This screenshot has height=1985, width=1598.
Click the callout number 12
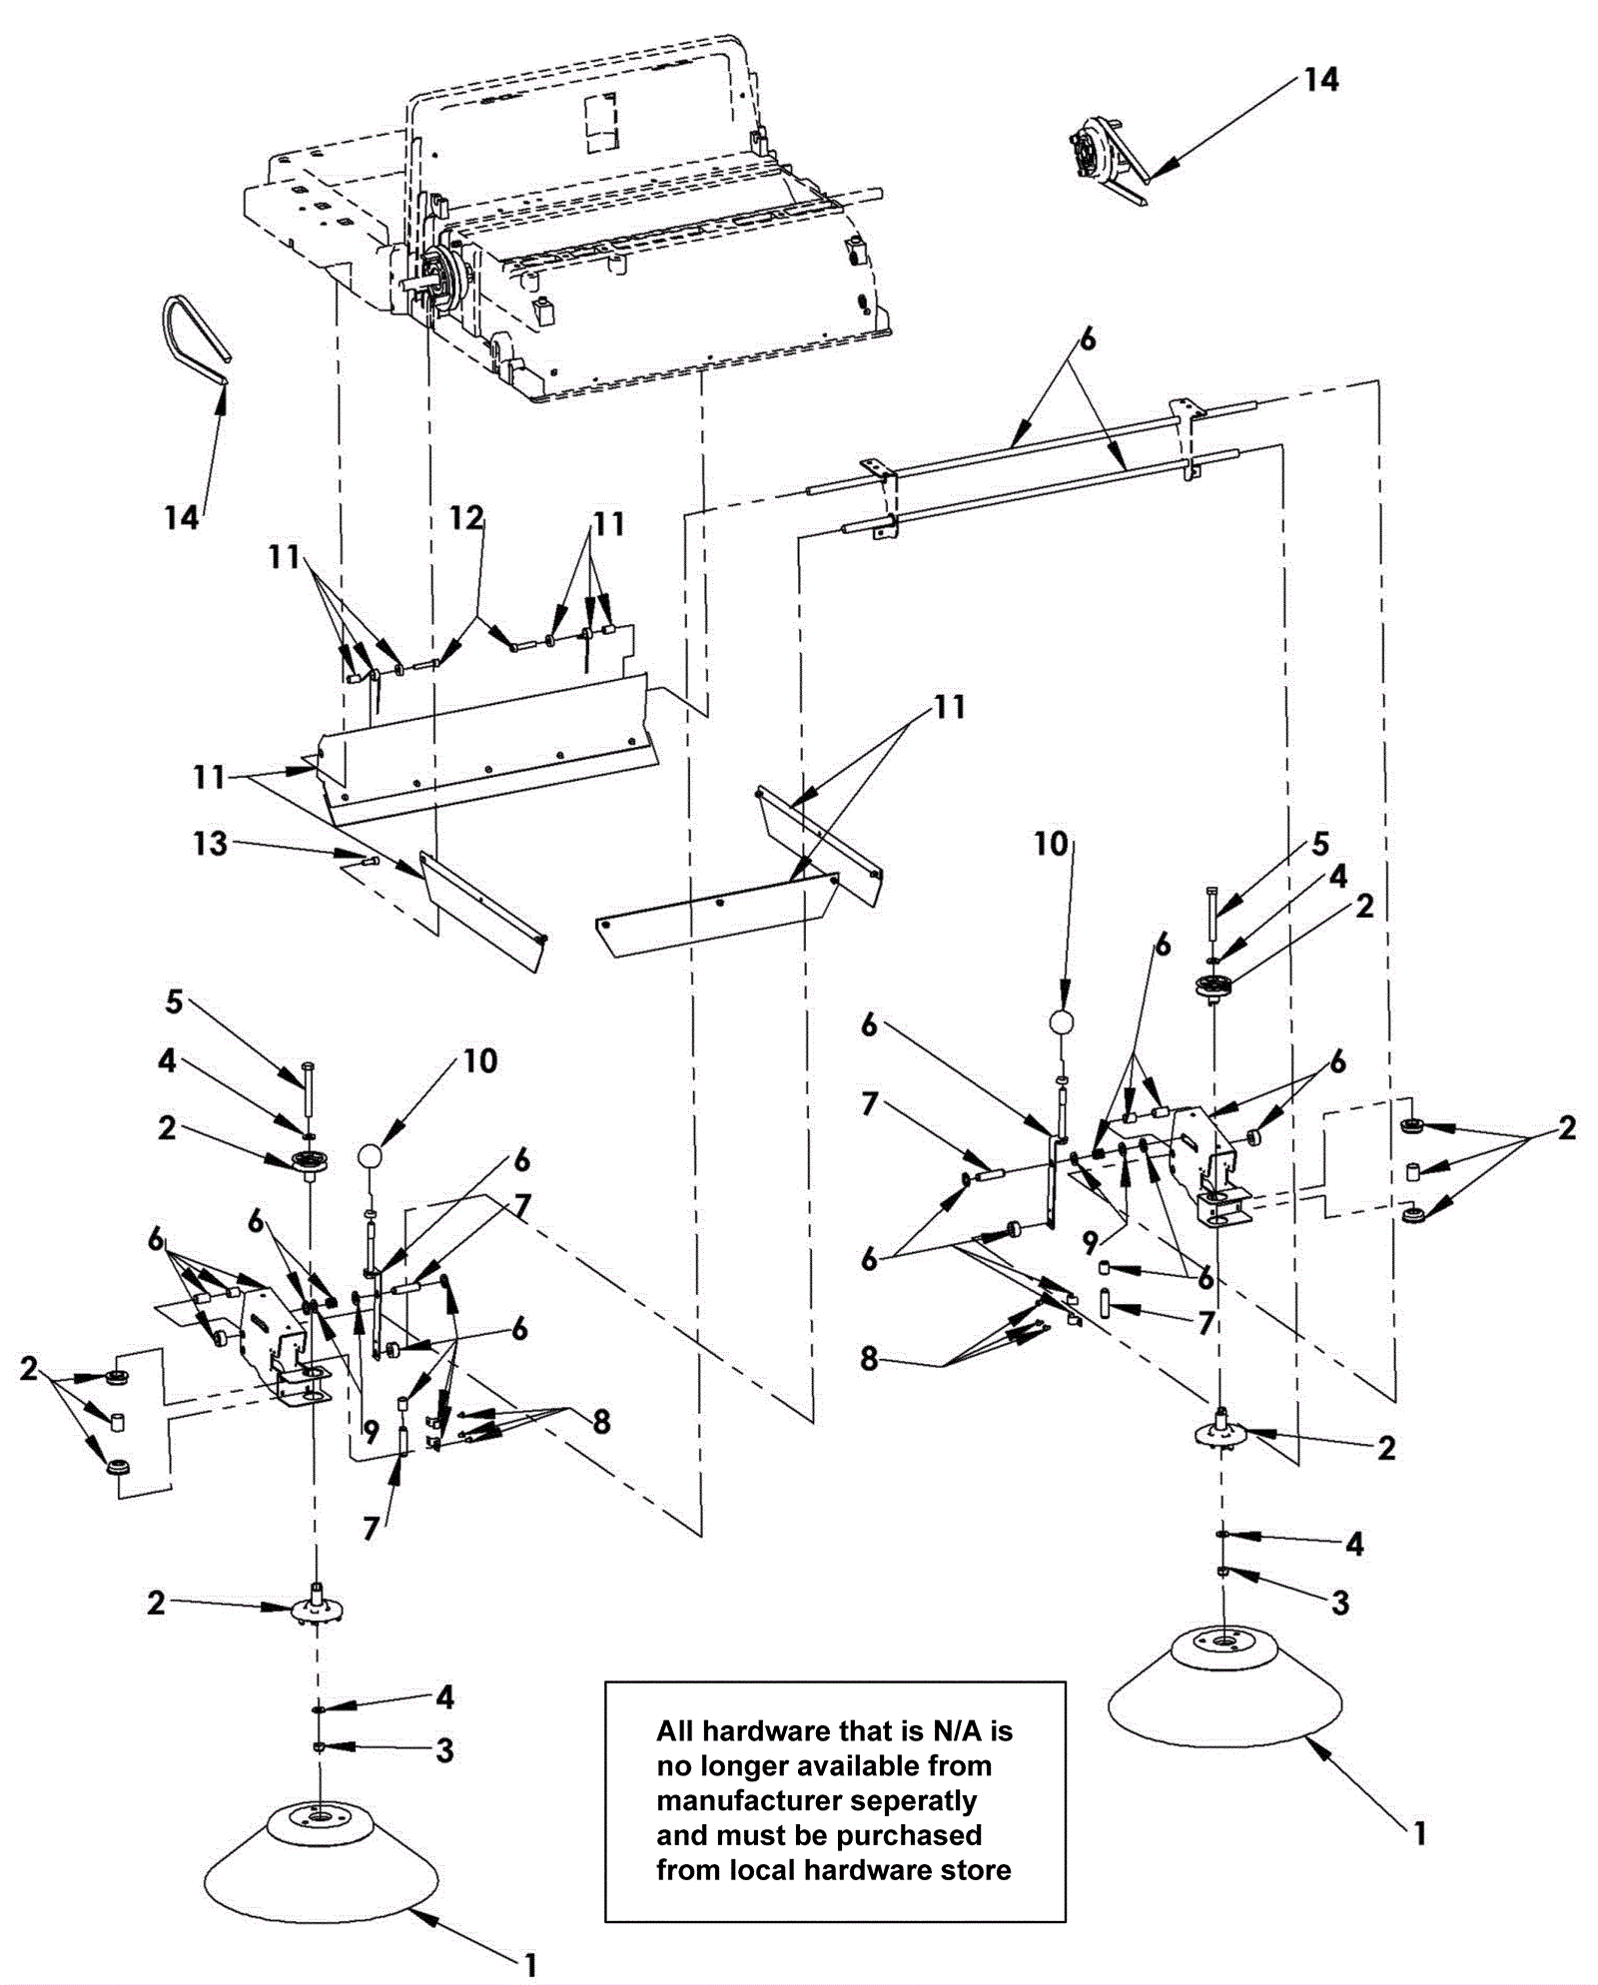tap(466, 517)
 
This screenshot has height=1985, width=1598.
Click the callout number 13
tap(210, 844)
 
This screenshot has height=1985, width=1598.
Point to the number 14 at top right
tap(1320, 80)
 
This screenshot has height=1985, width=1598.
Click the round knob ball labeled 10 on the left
tap(371, 1156)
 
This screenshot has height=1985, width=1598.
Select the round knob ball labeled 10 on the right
tap(1062, 1022)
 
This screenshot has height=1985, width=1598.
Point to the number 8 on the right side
tap(869, 1358)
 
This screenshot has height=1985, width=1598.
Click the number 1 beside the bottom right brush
tap(1419, 1833)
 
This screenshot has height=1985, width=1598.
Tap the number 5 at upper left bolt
tap(174, 1001)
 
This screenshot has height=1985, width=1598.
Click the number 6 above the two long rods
tap(1087, 339)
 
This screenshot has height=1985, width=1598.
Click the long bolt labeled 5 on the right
tap(1211, 912)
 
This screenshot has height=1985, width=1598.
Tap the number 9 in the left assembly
tap(371, 1433)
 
